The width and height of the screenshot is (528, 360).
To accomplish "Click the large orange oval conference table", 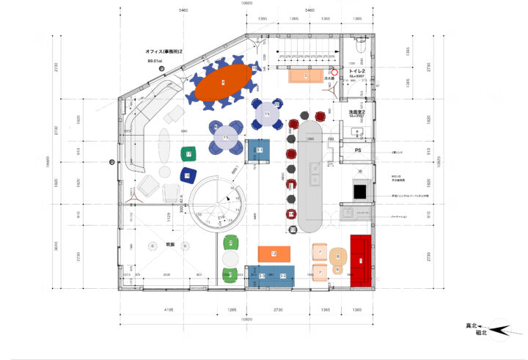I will [x=222, y=84].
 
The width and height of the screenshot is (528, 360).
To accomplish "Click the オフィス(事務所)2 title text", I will [x=164, y=51].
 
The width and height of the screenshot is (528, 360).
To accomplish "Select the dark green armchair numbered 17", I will [x=188, y=155].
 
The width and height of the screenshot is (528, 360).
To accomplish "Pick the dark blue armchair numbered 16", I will [x=188, y=175].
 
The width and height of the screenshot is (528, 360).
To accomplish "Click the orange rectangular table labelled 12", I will [x=274, y=254].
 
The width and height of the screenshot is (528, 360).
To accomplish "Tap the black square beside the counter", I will [x=361, y=192].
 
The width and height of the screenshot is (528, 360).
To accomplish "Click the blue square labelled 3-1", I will [x=259, y=150].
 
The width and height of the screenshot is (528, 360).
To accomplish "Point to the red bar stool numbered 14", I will [x=291, y=213].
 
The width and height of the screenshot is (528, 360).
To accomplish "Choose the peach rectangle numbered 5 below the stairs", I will [x=306, y=76].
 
